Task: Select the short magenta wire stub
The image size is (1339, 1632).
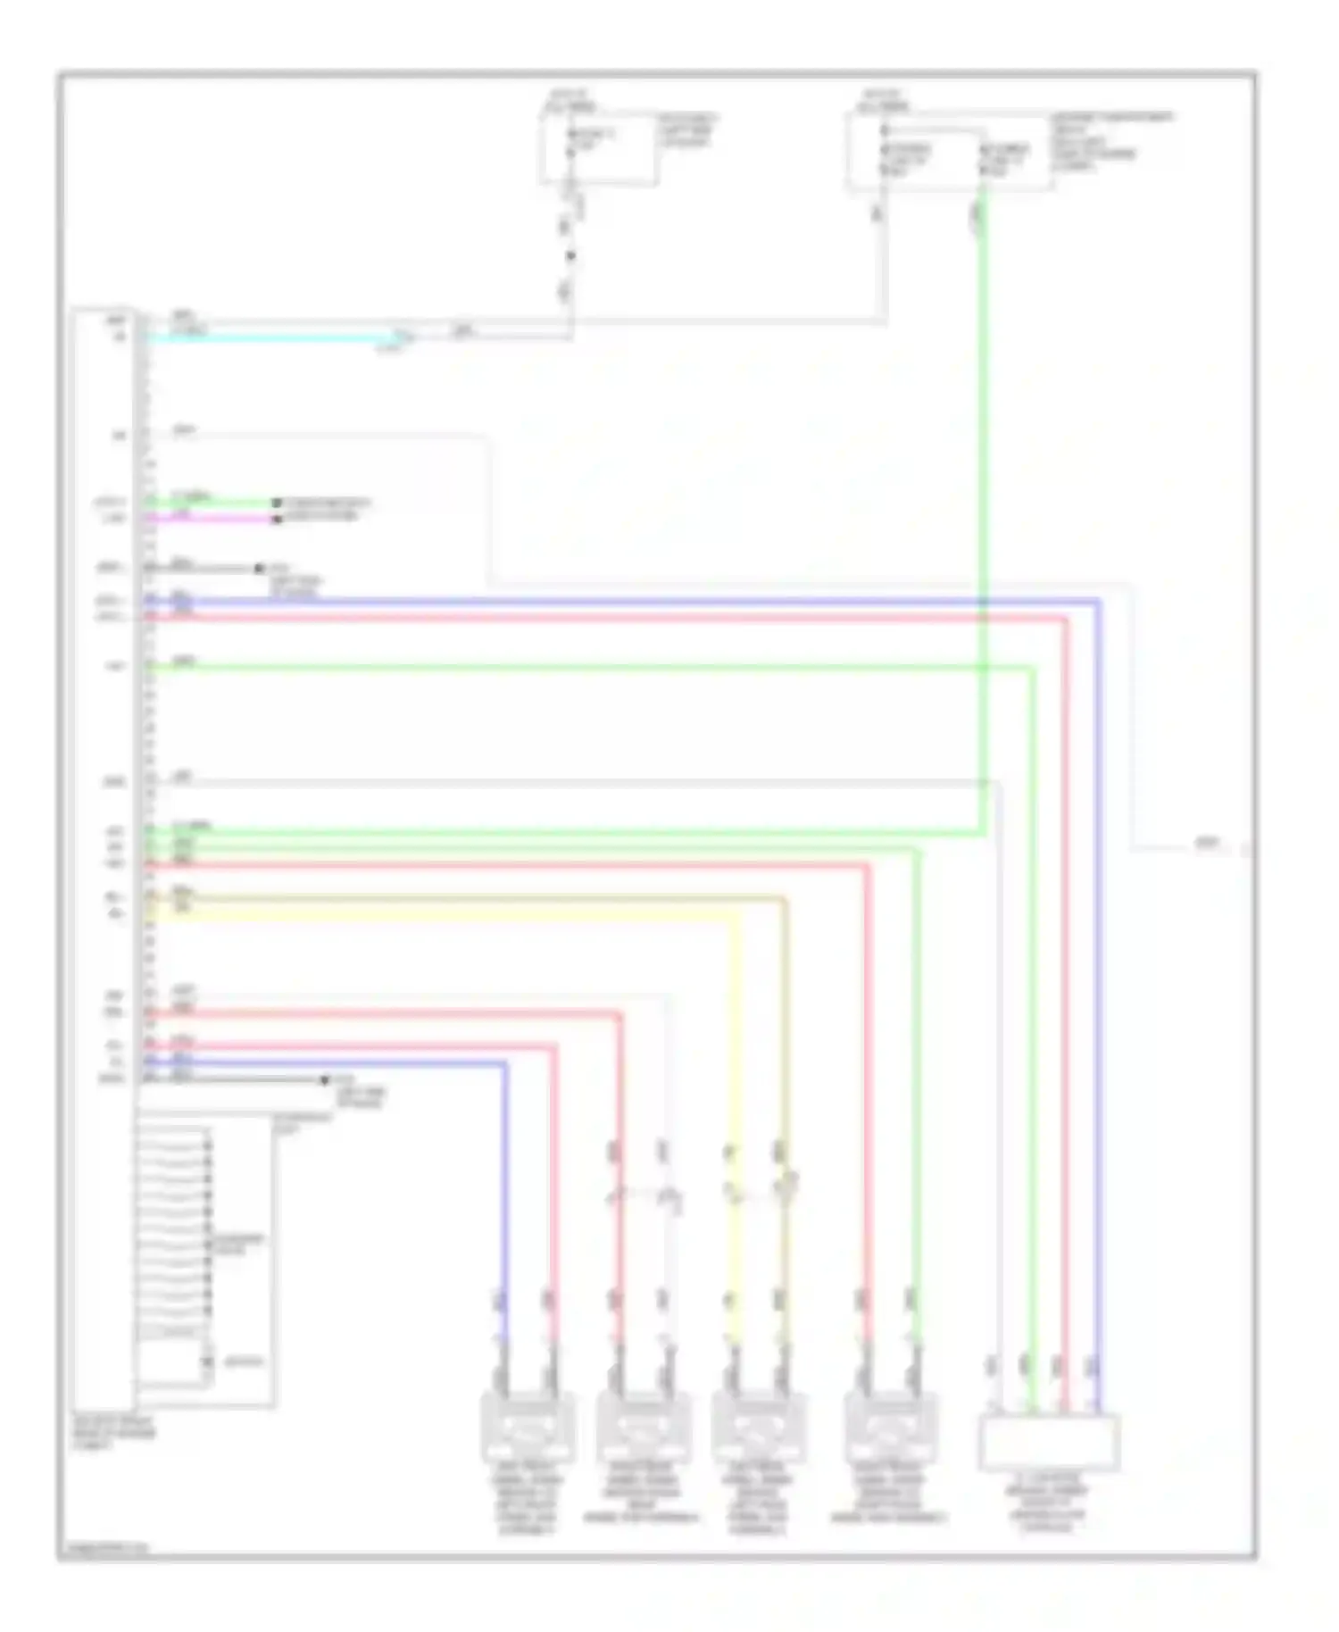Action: [214, 518]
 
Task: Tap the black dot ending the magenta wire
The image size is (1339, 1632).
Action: [277, 519]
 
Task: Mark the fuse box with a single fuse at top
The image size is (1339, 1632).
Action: [598, 148]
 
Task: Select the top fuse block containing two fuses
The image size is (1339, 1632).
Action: [948, 152]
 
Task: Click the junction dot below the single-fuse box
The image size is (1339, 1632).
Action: [570, 256]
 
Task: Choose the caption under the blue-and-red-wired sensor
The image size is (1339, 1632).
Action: [527, 1500]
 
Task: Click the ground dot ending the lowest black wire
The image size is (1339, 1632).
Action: [325, 1080]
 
